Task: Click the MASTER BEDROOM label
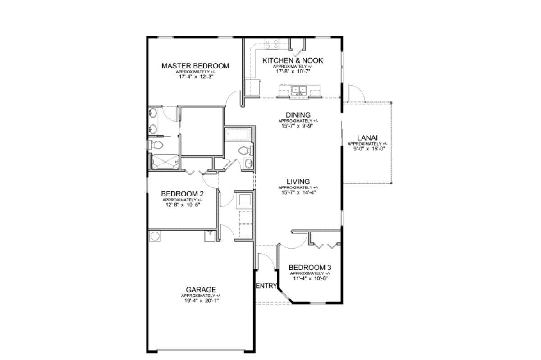pyautogui.click(x=195, y=66)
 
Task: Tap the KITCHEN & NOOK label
pyautogui.click(x=293, y=61)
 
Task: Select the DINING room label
pyautogui.click(x=298, y=115)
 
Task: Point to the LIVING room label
pyautogui.click(x=298, y=182)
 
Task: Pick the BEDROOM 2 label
pyautogui.click(x=182, y=194)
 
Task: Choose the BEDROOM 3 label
pyautogui.click(x=310, y=268)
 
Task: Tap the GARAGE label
pyautogui.click(x=201, y=290)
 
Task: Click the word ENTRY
pyautogui.click(x=266, y=286)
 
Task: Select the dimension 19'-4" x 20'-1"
pyautogui.click(x=201, y=301)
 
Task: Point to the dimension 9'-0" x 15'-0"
pyautogui.click(x=369, y=149)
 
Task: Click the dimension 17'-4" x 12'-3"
pyautogui.click(x=196, y=77)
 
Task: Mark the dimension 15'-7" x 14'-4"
pyautogui.click(x=298, y=193)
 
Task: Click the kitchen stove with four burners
pyautogui.click(x=272, y=45)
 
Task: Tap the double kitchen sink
pyautogui.click(x=299, y=90)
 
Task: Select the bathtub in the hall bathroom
pyautogui.click(x=238, y=134)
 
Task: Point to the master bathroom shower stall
pyautogui.click(x=165, y=162)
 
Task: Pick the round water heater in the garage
pyautogui.click(x=155, y=237)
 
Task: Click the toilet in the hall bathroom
pyautogui.click(x=245, y=151)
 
